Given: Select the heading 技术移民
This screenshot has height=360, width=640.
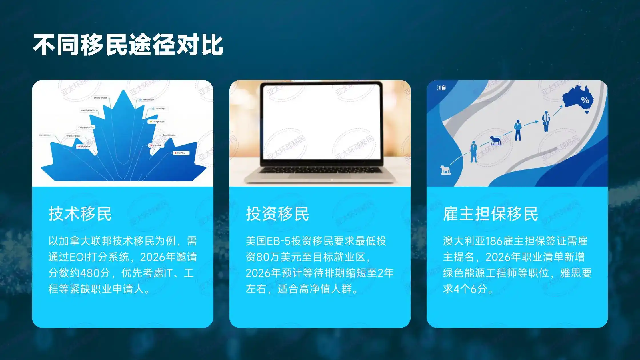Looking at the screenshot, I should click(80, 214).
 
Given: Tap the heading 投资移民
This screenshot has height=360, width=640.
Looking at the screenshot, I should click(277, 214).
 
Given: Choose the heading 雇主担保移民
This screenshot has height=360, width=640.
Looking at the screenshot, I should click(491, 214).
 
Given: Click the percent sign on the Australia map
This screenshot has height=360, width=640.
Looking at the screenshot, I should click(585, 100).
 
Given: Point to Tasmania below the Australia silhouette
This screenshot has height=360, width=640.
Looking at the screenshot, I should click(587, 112).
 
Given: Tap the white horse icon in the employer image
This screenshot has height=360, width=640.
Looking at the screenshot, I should click(445, 170).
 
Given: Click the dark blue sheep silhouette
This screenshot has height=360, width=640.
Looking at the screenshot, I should click(496, 140).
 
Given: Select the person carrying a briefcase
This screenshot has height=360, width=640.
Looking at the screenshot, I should click(546, 121).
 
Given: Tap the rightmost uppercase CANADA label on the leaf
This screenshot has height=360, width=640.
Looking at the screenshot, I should click(181, 153).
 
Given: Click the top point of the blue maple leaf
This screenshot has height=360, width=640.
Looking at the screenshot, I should click(123, 91).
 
